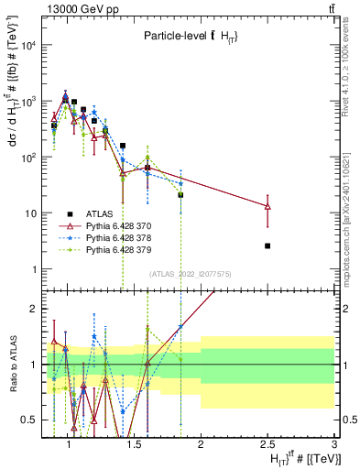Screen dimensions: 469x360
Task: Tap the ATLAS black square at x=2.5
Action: point(267,245)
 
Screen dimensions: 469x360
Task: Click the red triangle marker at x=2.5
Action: point(267,206)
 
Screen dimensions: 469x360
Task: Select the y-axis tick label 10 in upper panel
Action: point(30,213)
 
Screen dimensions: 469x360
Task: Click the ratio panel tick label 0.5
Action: point(28,420)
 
